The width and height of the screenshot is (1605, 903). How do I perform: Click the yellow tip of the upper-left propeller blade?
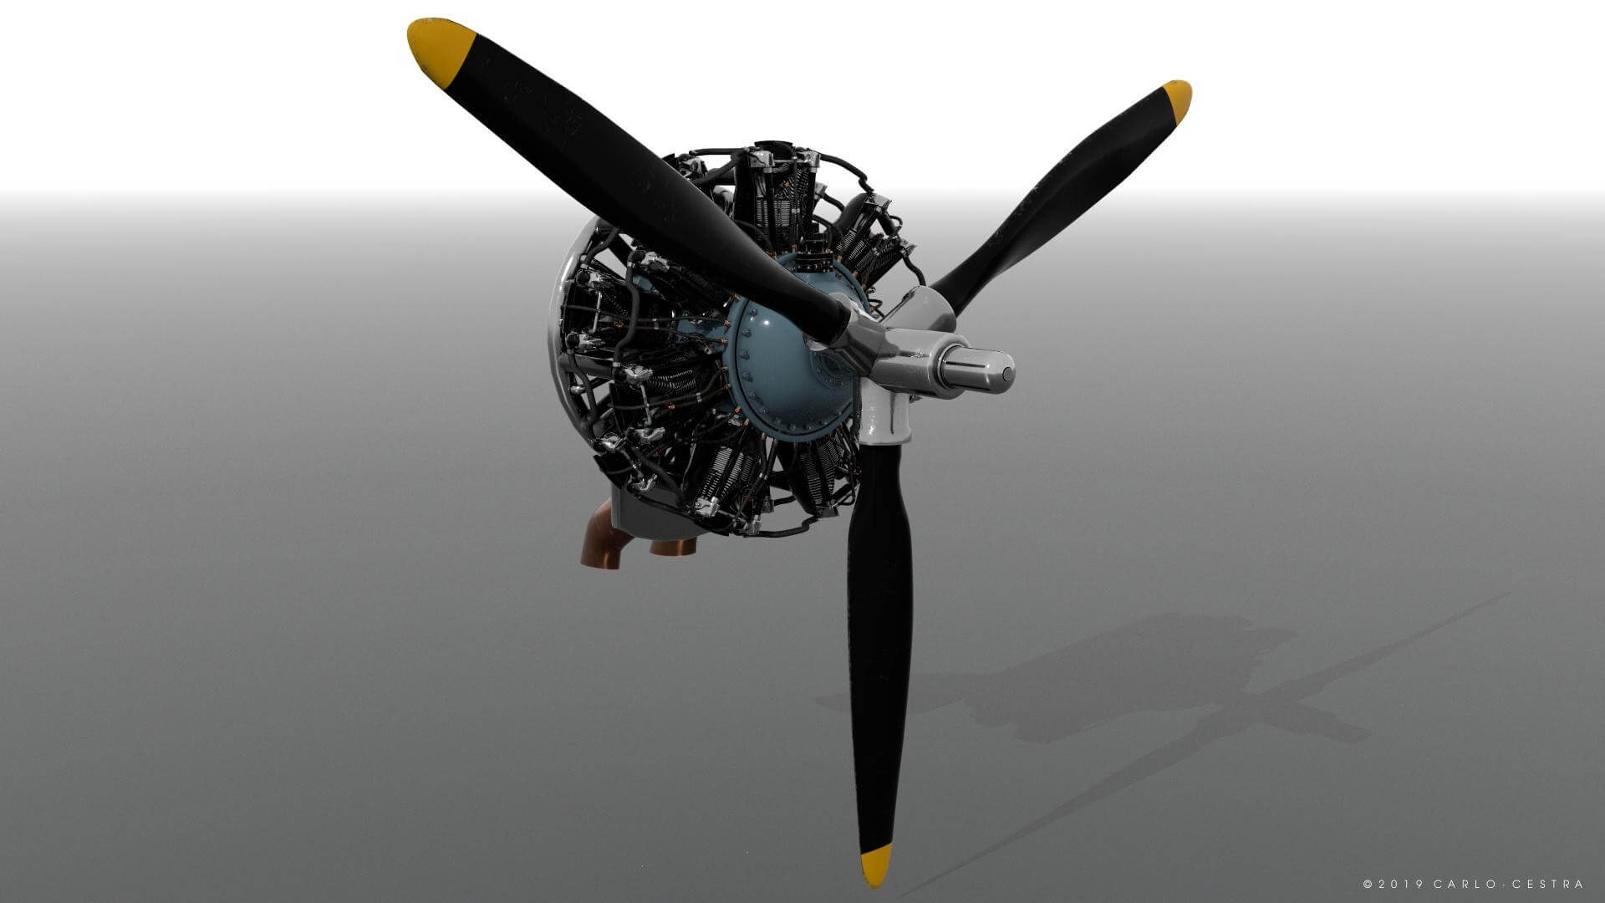click(x=439, y=46)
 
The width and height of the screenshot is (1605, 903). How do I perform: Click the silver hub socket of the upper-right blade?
click(x=924, y=305)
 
